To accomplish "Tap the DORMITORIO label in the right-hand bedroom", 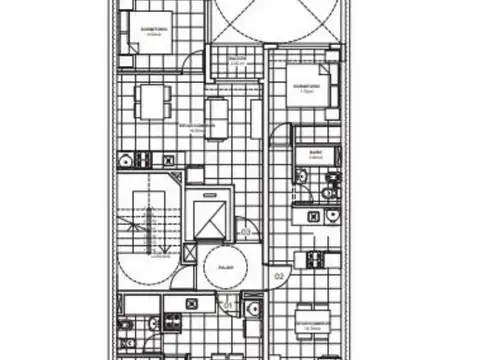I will (307, 86).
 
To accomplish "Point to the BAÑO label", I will (315, 154).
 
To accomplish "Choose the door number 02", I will (280, 272).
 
